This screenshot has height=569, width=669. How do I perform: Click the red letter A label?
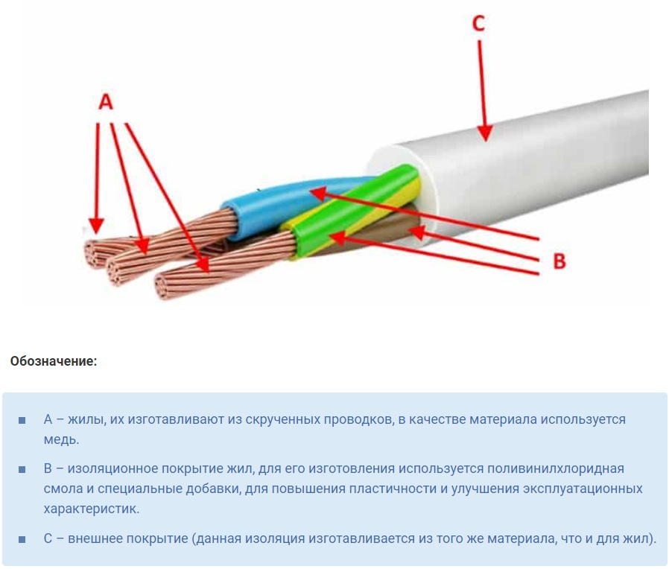(x=106, y=102)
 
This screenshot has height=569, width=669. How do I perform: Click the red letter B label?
(x=559, y=261)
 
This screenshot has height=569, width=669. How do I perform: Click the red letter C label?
(x=478, y=24)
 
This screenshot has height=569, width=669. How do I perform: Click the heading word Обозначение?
(x=54, y=361)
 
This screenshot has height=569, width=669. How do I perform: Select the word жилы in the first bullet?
(x=81, y=419)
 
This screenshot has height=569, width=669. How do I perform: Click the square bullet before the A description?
(x=22, y=421)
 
